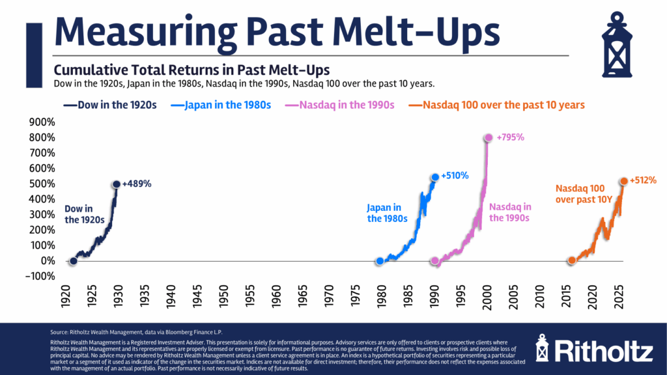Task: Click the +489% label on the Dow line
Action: (137, 184)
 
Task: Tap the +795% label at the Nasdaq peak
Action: (509, 137)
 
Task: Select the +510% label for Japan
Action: (455, 176)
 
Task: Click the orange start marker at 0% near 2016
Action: (572, 260)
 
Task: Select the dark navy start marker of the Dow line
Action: (73, 261)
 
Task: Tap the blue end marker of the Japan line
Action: (435, 177)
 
